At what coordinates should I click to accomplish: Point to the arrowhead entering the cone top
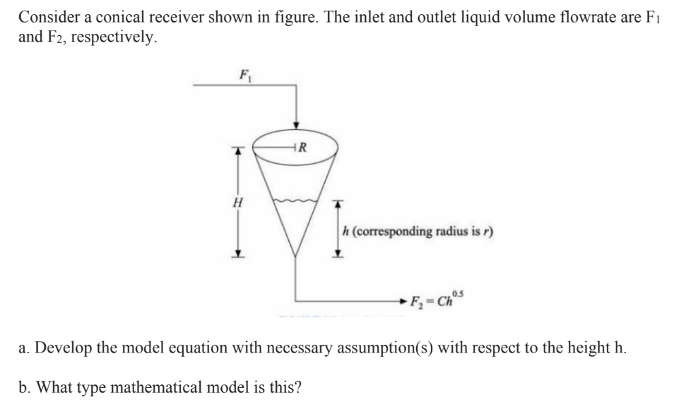pyautogui.click(x=296, y=122)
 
